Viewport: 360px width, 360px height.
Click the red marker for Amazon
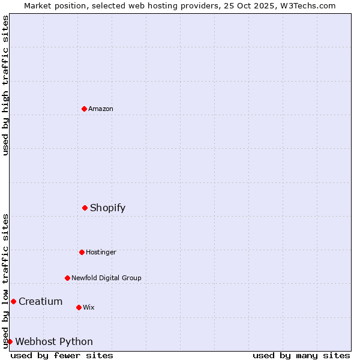(x=84, y=109)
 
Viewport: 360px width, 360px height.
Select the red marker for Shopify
(x=85, y=208)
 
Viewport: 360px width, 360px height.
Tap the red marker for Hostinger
(x=82, y=252)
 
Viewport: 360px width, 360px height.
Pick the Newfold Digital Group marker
(x=67, y=278)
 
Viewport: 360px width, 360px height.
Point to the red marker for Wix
(x=79, y=307)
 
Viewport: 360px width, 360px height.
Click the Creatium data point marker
(x=13, y=301)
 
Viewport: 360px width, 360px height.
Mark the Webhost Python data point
(x=10, y=341)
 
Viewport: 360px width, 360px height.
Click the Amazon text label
(x=101, y=109)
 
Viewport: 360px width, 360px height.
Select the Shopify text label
(x=108, y=208)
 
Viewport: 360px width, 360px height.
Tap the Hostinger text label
(x=101, y=252)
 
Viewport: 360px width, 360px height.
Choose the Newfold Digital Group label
(x=106, y=278)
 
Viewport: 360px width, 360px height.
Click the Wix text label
(x=89, y=307)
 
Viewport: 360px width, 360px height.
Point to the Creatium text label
(x=40, y=301)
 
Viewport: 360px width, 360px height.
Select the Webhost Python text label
(x=54, y=341)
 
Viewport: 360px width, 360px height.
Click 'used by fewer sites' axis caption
(x=62, y=355)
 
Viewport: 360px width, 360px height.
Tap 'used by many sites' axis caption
(x=301, y=355)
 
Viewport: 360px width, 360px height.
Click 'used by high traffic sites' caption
(x=5, y=85)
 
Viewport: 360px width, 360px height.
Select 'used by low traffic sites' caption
(x=5, y=281)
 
